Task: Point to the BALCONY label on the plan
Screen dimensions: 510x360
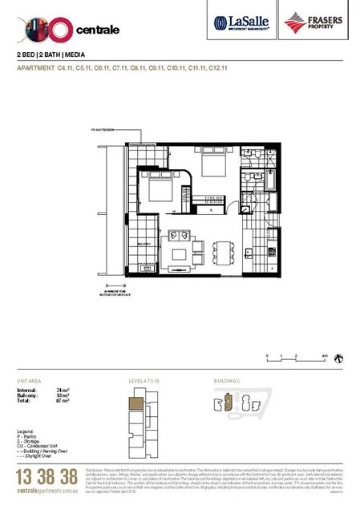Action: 145,243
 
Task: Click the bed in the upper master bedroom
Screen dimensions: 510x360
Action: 214,165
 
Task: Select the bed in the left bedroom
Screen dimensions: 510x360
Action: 157,191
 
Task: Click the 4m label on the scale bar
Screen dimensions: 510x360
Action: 323,355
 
